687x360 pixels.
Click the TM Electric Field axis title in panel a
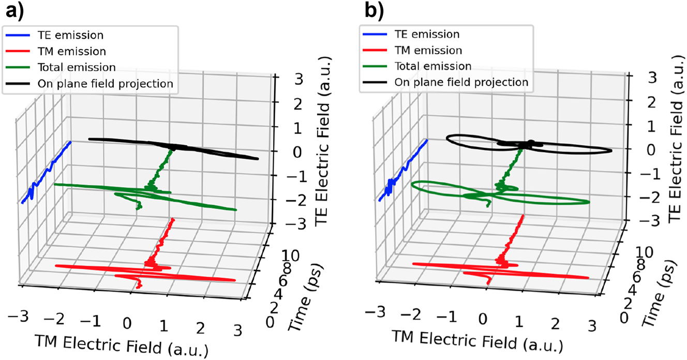(x=121, y=346)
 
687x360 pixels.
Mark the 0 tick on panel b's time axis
(x=625, y=316)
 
